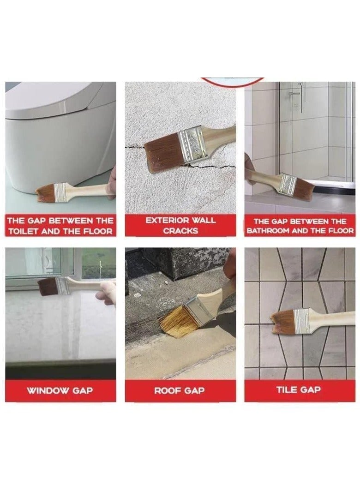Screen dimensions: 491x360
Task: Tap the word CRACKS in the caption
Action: (x=180, y=231)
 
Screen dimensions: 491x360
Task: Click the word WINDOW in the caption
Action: (x=43, y=391)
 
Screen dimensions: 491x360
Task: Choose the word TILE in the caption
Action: (x=286, y=390)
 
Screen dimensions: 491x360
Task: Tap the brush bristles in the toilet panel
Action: (x=45, y=193)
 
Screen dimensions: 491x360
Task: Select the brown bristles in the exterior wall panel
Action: (x=162, y=153)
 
